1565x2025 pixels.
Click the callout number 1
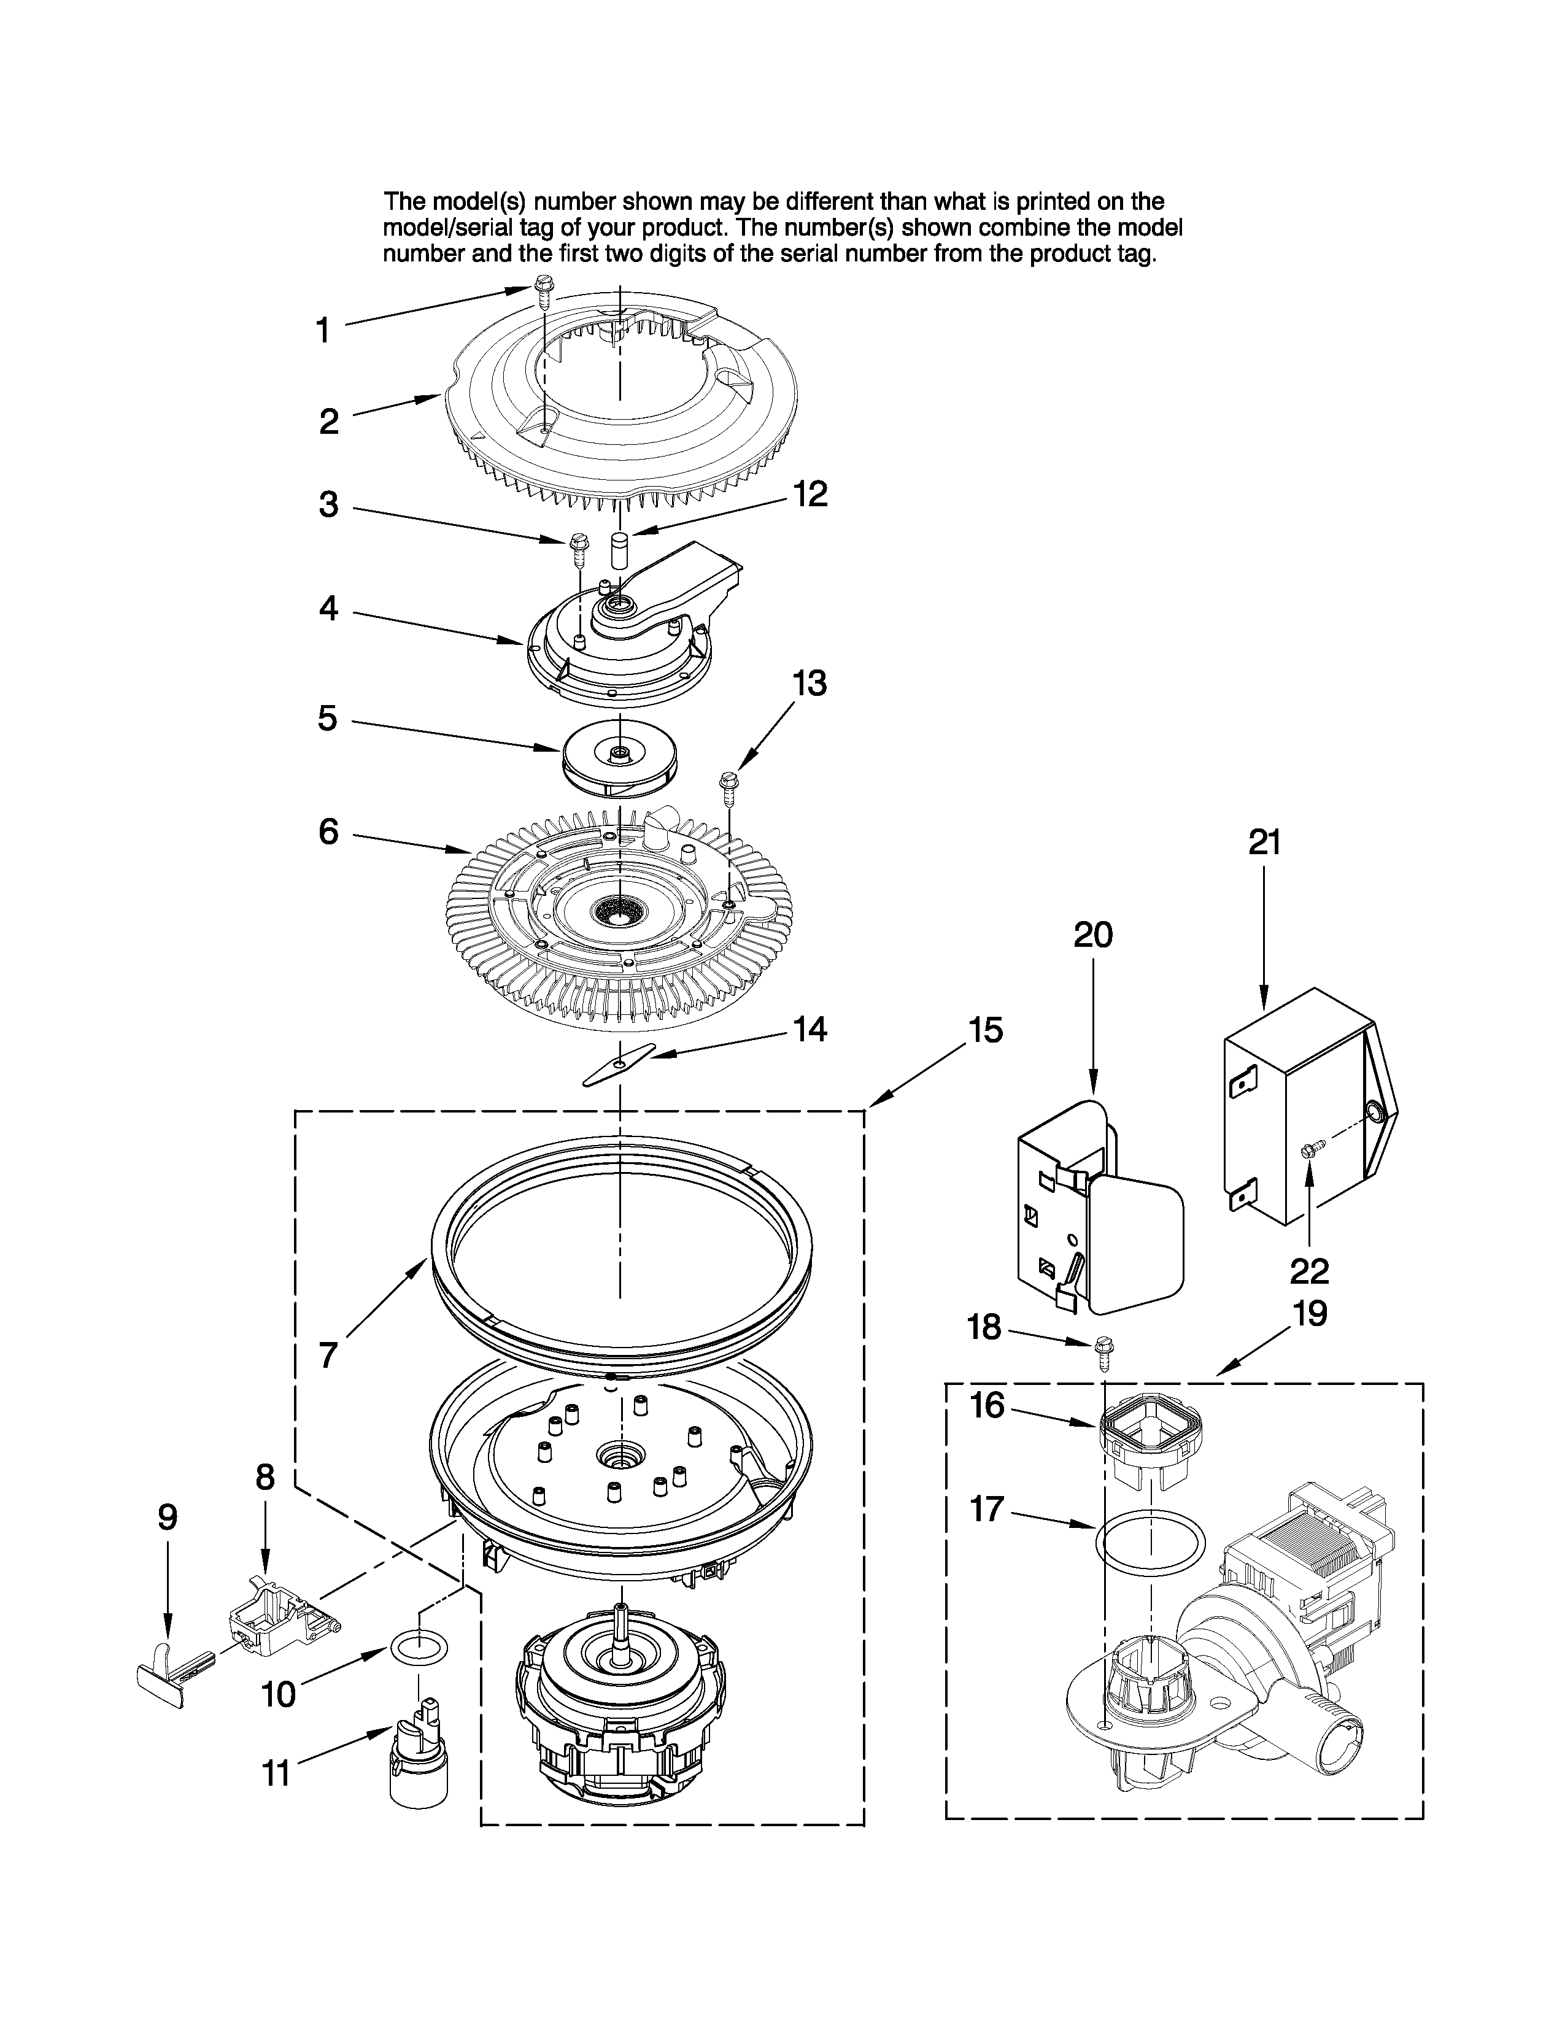(323, 331)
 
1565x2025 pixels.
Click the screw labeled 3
(579, 549)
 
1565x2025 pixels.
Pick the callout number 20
(1092, 935)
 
